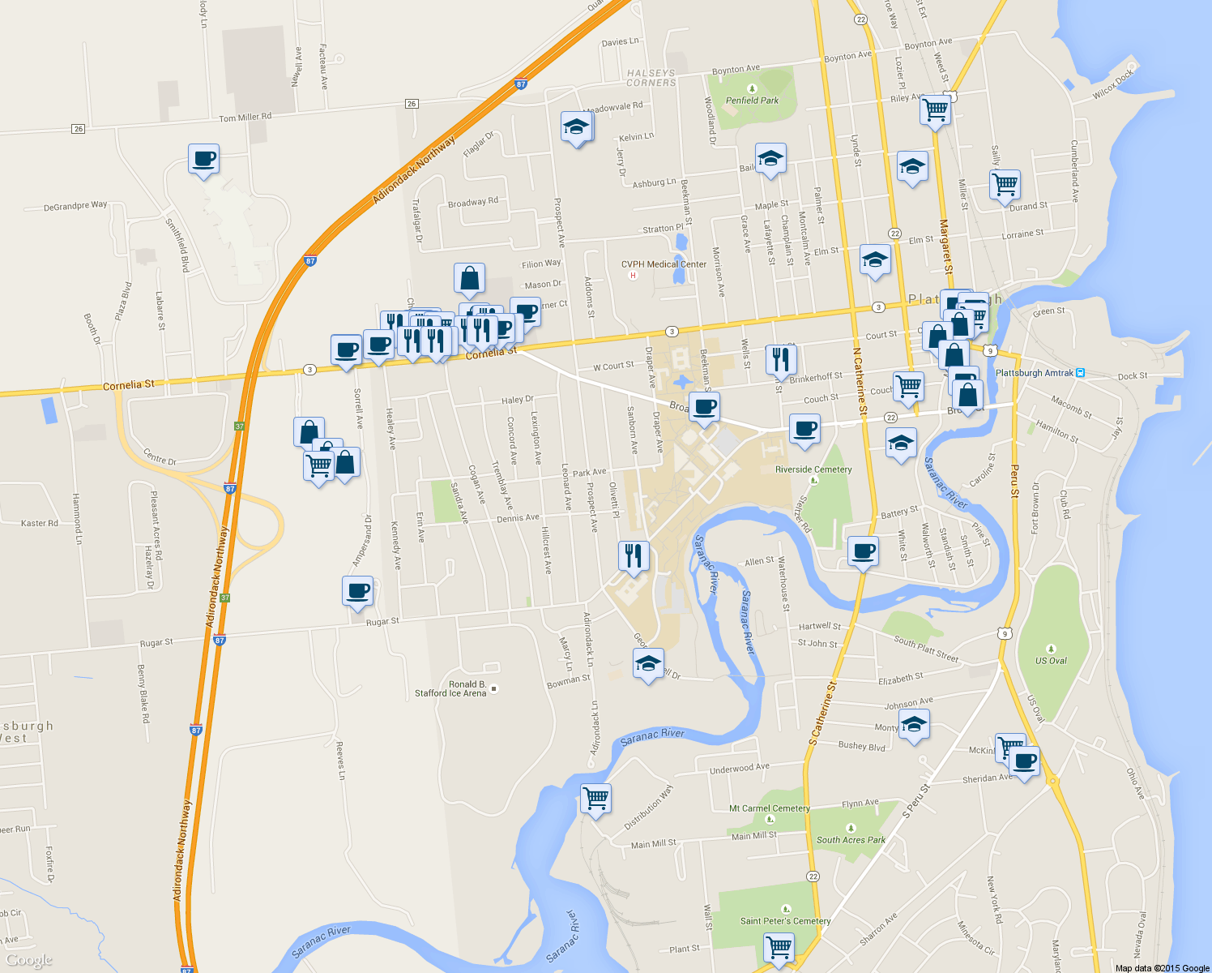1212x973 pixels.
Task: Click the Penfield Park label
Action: click(752, 101)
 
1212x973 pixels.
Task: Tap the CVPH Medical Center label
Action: click(664, 264)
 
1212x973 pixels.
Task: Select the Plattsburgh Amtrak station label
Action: click(1034, 373)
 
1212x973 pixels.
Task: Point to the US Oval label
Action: click(1051, 661)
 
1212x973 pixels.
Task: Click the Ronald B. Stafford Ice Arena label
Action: click(450, 688)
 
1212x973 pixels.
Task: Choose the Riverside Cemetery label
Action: click(813, 469)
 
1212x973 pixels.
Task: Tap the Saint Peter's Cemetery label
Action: click(785, 921)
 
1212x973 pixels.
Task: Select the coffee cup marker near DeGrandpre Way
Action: click(204, 158)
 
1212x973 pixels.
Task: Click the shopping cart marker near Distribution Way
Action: click(595, 798)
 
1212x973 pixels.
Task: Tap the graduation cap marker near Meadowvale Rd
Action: click(576, 126)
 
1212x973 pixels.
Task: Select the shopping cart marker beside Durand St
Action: click(1005, 183)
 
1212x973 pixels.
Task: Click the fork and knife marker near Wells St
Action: click(781, 358)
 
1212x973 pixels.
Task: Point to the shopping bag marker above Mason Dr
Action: click(469, 278)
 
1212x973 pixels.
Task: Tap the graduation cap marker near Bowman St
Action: click(648, 663)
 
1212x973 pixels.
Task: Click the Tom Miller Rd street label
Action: click(245, 118)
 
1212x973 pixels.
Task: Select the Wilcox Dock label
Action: click(1113, 84)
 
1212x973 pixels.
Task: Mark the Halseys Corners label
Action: click(651, 78)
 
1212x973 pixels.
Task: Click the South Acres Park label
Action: click(851, 840)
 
